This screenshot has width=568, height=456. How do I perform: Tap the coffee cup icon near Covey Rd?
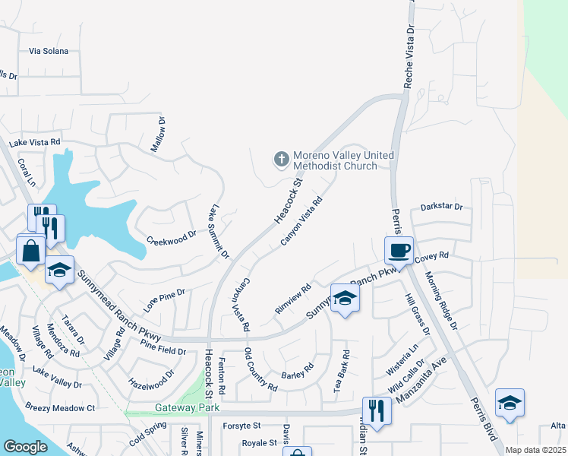399,250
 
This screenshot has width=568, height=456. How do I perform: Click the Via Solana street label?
49,51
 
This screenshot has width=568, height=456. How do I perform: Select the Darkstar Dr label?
441,207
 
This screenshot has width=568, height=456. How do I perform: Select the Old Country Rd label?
260,369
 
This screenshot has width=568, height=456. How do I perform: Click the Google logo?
25,447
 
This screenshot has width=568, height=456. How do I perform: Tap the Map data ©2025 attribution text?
535,450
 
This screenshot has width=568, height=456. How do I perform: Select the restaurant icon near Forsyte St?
376,411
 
